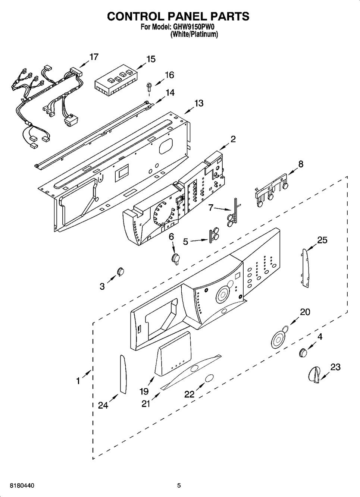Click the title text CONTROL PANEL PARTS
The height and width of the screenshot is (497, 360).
[x=178, y=16]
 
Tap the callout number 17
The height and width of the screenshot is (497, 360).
[x=94, y=57]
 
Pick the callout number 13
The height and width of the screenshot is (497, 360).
[x=199, y=103]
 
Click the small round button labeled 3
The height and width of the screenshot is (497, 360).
[x=120, y=272]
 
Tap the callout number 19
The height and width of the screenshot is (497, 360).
[x=144, y=391]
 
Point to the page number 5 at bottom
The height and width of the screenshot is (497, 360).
[x=179, y=485]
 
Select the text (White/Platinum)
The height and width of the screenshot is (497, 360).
[x=194, y=34]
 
